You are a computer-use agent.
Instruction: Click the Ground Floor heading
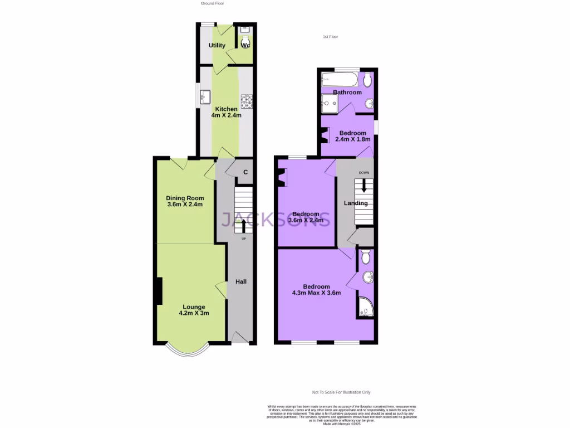pyautogui.click(x=212, y=3)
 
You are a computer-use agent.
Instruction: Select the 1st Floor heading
pyautogui.click(x=330, y=37)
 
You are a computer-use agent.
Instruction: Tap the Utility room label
pyautogui.click(x=217, y=45)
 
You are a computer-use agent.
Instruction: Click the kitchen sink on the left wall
pyautogui.click(x=204, y=95)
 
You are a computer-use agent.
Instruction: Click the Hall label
pyautogui.click(x=241, y=282)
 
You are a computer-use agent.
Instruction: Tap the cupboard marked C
pyautogui.click(x=245, y=172)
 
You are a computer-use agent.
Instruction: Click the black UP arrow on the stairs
pyautogui.click(x=243, y=226)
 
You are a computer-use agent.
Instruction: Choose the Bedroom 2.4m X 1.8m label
pyautogui.click(x=352, y=136)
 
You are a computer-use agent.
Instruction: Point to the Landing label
pyautogui.click(x=356, y=203)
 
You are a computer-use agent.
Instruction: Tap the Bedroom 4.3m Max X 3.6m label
pyautogui.click(x=316, y=289)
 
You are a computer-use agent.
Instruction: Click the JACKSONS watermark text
pyautogui.click(x=277, y=219)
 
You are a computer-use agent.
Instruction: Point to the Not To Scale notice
pyautogui.click(x=341, y=392)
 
